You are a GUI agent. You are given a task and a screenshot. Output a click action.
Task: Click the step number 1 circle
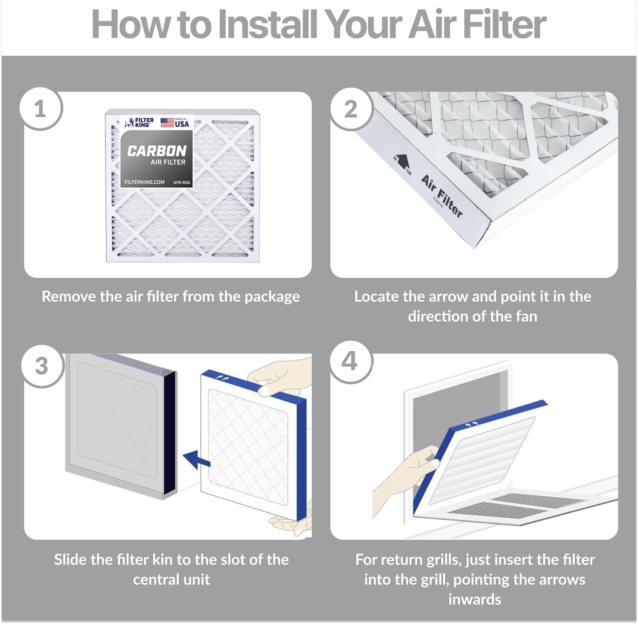(x=40, y=109)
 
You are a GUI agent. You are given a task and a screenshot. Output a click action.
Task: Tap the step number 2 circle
(x=351, y=109)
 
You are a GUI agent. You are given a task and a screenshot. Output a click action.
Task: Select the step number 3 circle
(x=41, y=366)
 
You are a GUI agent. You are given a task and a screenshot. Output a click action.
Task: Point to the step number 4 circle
(x=350, y=362)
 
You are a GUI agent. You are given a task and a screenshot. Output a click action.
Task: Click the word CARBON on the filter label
(x=157, y=151)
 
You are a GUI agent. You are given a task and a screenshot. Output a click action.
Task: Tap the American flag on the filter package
(x=167, y=123)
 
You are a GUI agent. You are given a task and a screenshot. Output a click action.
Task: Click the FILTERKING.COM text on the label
(x=144, y=182)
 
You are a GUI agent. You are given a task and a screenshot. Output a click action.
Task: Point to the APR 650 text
(x=182, y=182)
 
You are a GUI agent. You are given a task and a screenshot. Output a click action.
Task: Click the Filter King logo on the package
(x=139, y=123)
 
